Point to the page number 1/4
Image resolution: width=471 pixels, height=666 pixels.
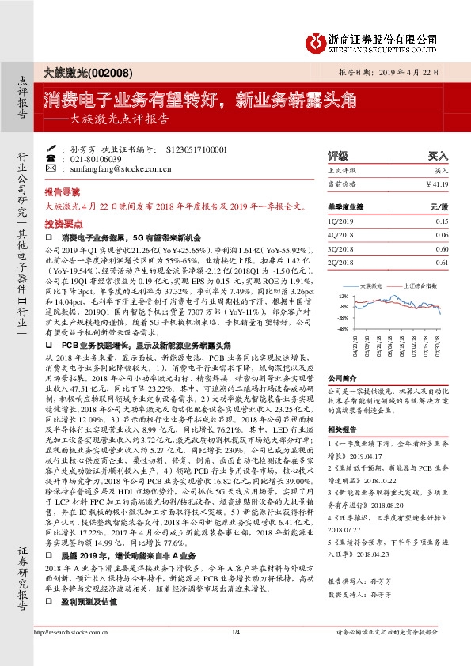235,653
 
